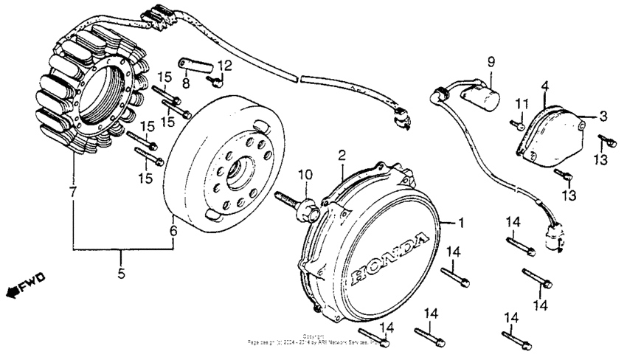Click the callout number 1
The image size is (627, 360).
pos(462,222)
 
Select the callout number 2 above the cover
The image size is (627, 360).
pos(342,155)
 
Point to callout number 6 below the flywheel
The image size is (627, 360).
pos(173,231)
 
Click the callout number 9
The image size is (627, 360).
pos(490,63)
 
